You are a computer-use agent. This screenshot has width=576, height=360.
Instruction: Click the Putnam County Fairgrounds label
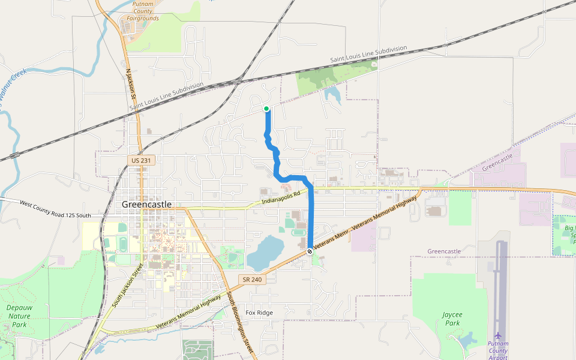[x=143, y=11]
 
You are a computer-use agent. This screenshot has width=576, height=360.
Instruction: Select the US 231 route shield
[x=142, y=160]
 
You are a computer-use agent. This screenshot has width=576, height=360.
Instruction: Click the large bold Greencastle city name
[x=146, y=204]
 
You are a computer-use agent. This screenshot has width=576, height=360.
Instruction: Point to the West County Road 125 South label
[x=55, y=210]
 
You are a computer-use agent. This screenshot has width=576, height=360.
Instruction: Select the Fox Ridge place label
[x=259, y=313]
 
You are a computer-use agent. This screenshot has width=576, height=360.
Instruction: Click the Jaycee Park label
[x=451, y=319]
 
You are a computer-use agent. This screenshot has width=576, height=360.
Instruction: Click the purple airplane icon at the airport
[x=497, y=335]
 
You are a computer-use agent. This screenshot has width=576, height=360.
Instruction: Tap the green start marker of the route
[x=266, y=109]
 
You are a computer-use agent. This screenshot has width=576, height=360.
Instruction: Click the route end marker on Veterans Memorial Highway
[x=310, y=251]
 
